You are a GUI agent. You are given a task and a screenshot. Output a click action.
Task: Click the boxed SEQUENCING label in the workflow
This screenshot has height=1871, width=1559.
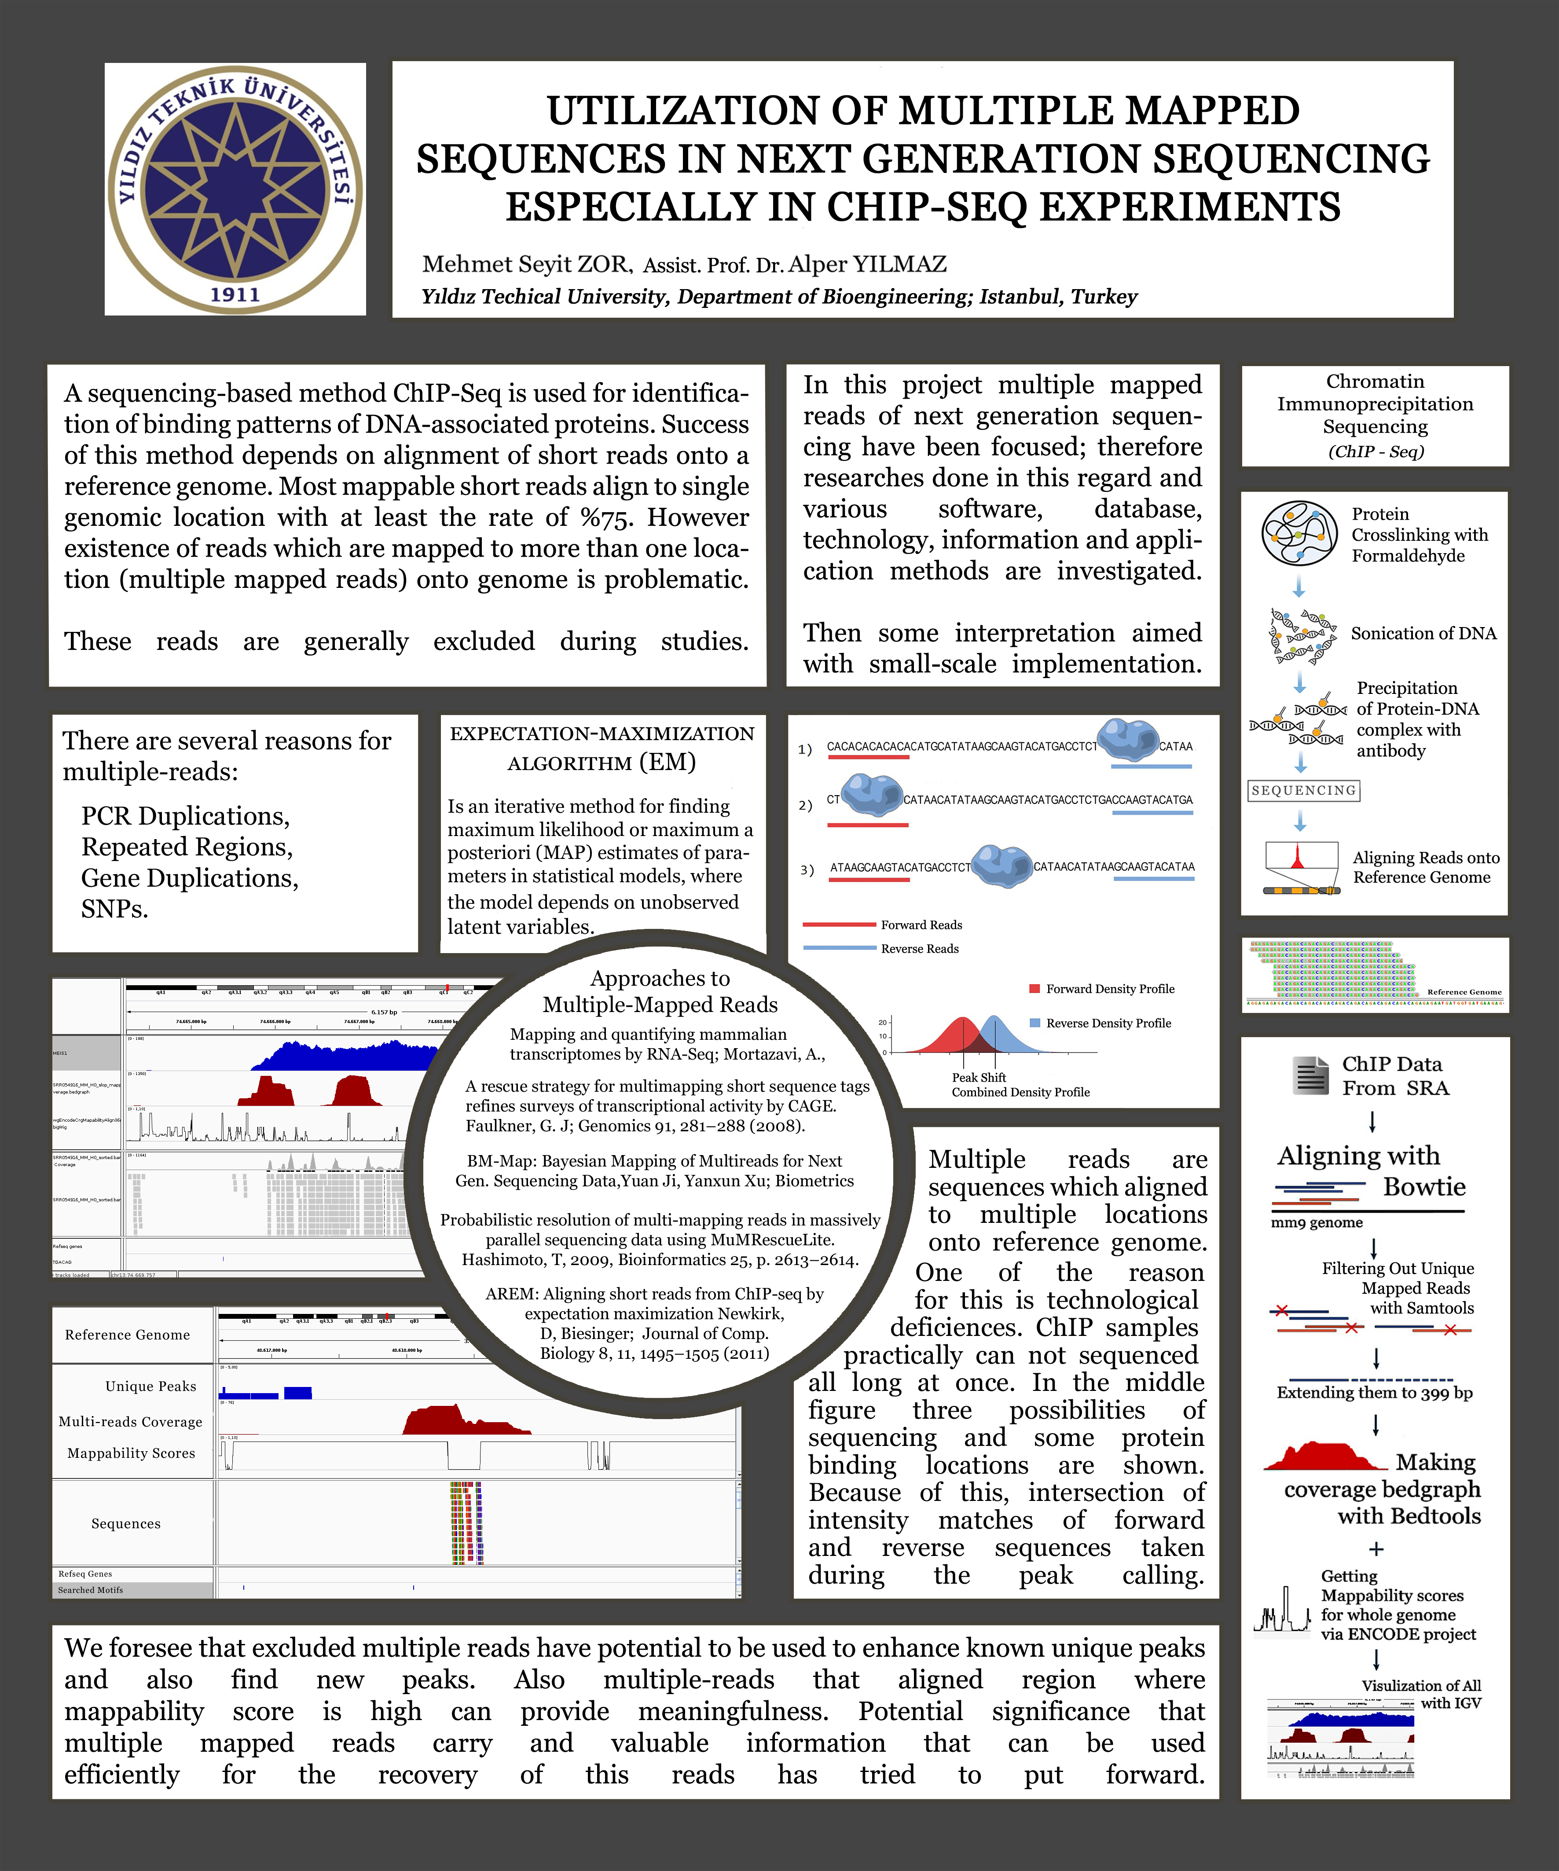coord(1303,790)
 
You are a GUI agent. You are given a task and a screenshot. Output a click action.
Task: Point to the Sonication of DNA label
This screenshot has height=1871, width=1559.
coord(1423,634)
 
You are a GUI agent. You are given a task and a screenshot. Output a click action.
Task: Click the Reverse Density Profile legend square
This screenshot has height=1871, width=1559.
coord(1034,1023)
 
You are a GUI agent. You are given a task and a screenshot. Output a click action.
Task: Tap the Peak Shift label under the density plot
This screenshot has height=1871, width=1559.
coord(978,1077)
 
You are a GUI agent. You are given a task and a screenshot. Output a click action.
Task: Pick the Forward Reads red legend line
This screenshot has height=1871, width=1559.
coord(839,925)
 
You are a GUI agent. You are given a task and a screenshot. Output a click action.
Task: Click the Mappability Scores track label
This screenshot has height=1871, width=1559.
coord(131,1453)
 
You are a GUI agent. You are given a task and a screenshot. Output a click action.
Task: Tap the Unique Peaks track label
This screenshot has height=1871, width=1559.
coord(150,1387)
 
